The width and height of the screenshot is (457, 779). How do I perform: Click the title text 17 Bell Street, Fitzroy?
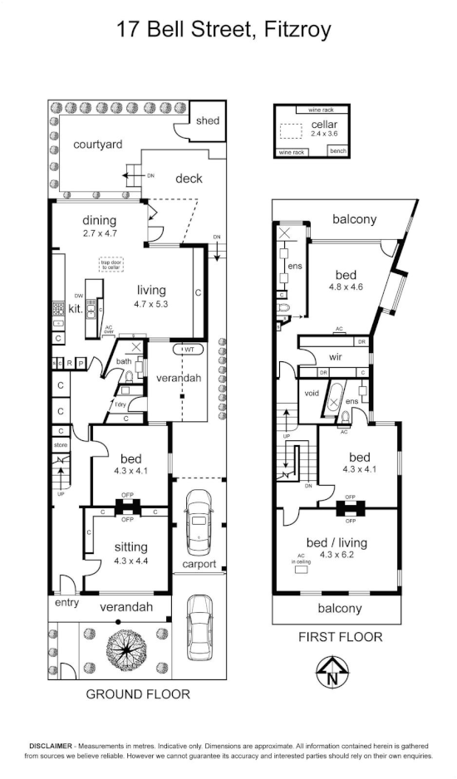pos(224,31)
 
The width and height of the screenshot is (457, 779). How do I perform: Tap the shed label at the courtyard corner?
pos(208,121)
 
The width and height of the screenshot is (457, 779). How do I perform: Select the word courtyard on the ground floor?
pos(98,145)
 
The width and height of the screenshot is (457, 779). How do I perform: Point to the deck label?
pos(189,179)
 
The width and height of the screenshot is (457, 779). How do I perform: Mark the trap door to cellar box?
pos(111,265)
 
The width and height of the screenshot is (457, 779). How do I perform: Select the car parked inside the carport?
pos(199,521)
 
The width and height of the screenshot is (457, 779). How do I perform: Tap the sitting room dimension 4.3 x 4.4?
pos(131,561)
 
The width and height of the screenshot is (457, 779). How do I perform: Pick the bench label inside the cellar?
pos(338,151)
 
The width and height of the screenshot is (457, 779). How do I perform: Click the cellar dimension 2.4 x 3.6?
pos(324,133)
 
